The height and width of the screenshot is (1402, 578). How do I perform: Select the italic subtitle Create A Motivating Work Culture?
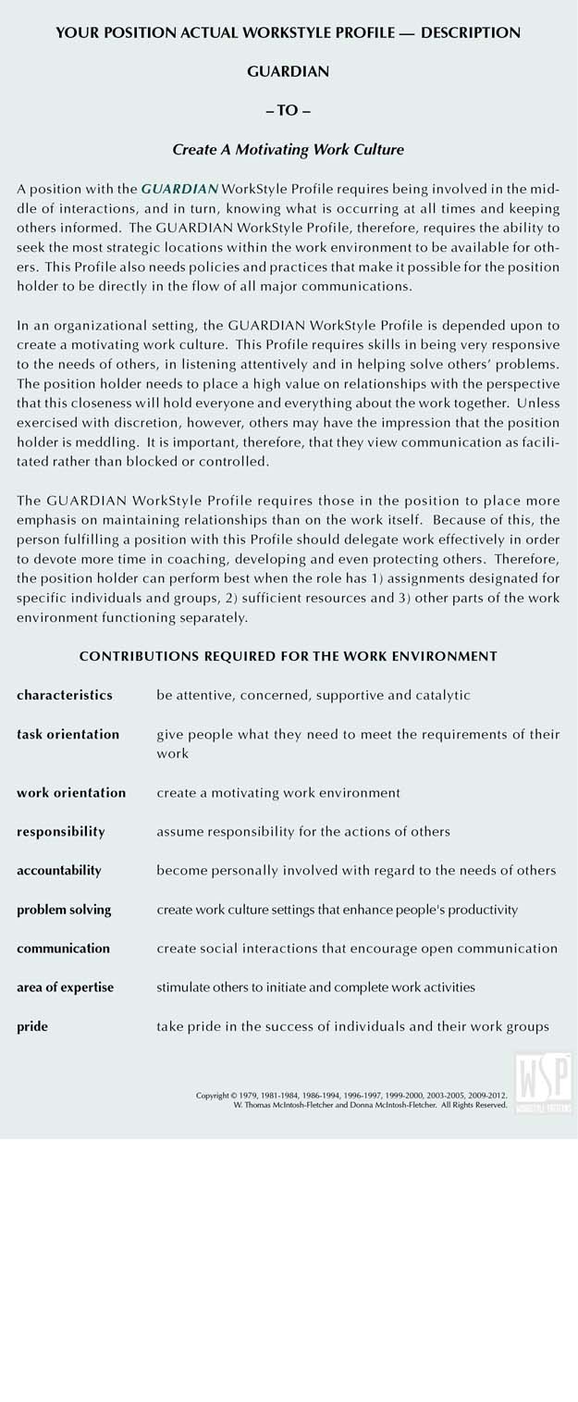point(289,149)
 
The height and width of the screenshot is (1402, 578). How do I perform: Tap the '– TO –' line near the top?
point(289,110)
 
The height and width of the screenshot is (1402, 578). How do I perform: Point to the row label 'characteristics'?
point(65,695)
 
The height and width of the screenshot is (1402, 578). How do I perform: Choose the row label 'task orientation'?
point(68,734)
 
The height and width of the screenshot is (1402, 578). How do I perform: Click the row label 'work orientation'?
point(71,793)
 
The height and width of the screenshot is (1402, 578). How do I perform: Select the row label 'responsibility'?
point(61,832)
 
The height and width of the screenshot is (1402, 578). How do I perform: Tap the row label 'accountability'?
point(59,871)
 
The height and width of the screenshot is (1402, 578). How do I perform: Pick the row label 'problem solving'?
point(64,910)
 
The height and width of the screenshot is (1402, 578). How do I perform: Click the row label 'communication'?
point(63,949)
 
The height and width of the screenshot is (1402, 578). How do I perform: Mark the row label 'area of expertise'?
point(65,987)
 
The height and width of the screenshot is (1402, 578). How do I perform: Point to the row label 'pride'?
point(32,1026)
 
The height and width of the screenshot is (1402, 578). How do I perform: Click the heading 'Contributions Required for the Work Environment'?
point(289,656)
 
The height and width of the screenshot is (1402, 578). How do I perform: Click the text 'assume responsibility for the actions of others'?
point(303,832)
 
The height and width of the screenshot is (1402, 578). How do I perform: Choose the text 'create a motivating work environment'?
point(278,793)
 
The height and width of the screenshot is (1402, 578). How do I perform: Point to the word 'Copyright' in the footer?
point(212,1096)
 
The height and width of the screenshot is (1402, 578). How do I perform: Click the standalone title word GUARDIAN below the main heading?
point(289,71)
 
